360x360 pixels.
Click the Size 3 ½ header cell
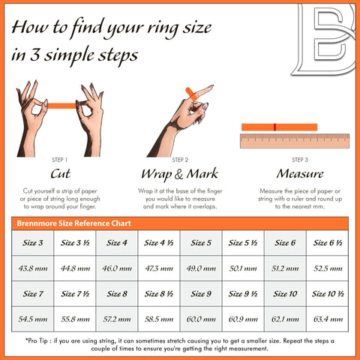75,243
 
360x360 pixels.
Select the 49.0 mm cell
201,268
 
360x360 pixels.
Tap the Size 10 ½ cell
328,293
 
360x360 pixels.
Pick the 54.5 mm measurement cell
33,319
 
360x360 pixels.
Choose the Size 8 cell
117,293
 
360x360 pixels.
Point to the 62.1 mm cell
285,319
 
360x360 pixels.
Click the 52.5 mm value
328,268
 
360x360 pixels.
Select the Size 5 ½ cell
243,243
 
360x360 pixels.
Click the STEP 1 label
59,160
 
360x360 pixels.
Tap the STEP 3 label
300,160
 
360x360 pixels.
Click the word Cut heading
61,174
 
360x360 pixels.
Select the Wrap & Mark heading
180,174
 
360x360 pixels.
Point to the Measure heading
300,174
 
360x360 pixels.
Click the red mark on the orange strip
274,127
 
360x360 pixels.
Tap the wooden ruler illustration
295,141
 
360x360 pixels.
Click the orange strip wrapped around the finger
191,94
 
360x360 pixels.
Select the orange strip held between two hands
61,106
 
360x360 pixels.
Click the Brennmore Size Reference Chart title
74,223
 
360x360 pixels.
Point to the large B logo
325,39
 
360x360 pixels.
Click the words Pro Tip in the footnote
37,340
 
